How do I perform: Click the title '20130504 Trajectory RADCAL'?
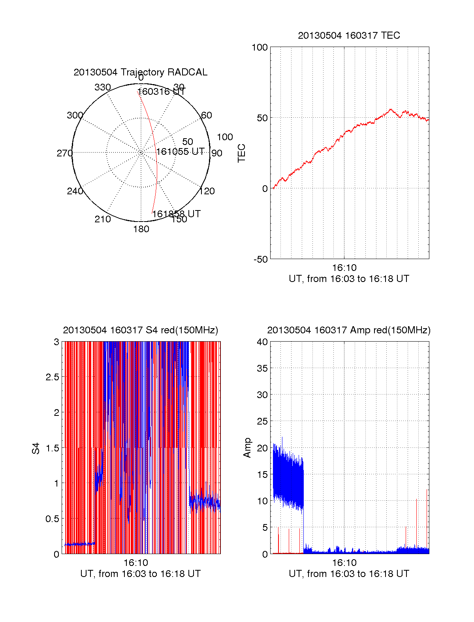point(140,72)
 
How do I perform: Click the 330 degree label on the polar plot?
point(103,87)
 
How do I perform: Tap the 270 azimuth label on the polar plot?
point(64,153)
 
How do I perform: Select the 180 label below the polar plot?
point(141,229)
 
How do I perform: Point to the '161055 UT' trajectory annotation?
point(181,152)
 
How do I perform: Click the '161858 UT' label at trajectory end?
point(177,214)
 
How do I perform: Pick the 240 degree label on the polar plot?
point(75,191)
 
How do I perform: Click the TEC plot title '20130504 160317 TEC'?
point(349,36)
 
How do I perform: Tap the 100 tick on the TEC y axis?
point(260,47)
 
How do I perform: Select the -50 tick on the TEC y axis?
point(260,259)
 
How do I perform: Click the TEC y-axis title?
point(241,153)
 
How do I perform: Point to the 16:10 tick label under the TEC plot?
point(344,268)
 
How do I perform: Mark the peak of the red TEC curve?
point(391,109)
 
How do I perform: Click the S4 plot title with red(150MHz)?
point(140,330)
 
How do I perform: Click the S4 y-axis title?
point(36,448)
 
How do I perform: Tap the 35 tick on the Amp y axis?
point(262,368)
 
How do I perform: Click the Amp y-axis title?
point(247,448)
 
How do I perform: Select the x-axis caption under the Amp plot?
point(349,574)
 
